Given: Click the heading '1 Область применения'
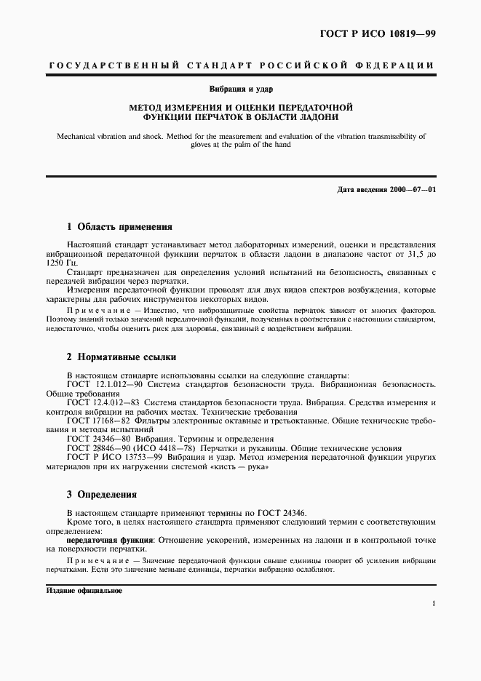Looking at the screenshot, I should tap(119, 226).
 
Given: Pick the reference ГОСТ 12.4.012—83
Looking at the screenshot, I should tap(103, 402).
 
